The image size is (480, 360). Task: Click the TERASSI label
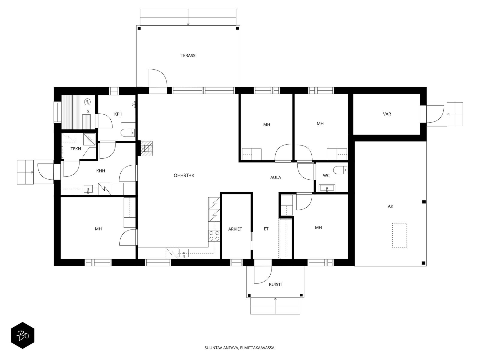[x=188, y=55]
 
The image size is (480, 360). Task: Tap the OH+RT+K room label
[x=184, y=175]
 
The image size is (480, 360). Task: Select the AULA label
[x=275, y=178]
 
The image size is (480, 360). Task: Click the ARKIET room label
[x=235, y=229]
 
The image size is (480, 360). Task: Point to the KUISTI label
[x=275, y=284]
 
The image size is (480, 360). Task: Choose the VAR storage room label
[x=387, y=114]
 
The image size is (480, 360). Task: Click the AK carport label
[x=390, y=206]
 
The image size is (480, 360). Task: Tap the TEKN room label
[x=76, y=149]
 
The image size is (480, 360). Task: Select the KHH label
[x=100, y=171]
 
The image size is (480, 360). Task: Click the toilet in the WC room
[x=340, y=170]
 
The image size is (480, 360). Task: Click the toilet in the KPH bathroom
[x=128, y=133]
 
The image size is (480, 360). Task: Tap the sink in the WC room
[x=327, y=188]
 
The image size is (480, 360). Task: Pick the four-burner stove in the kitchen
[x=214, y=235]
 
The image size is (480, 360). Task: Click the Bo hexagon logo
[x=22, y=335]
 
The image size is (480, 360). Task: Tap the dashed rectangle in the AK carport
[x=400, y=235]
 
